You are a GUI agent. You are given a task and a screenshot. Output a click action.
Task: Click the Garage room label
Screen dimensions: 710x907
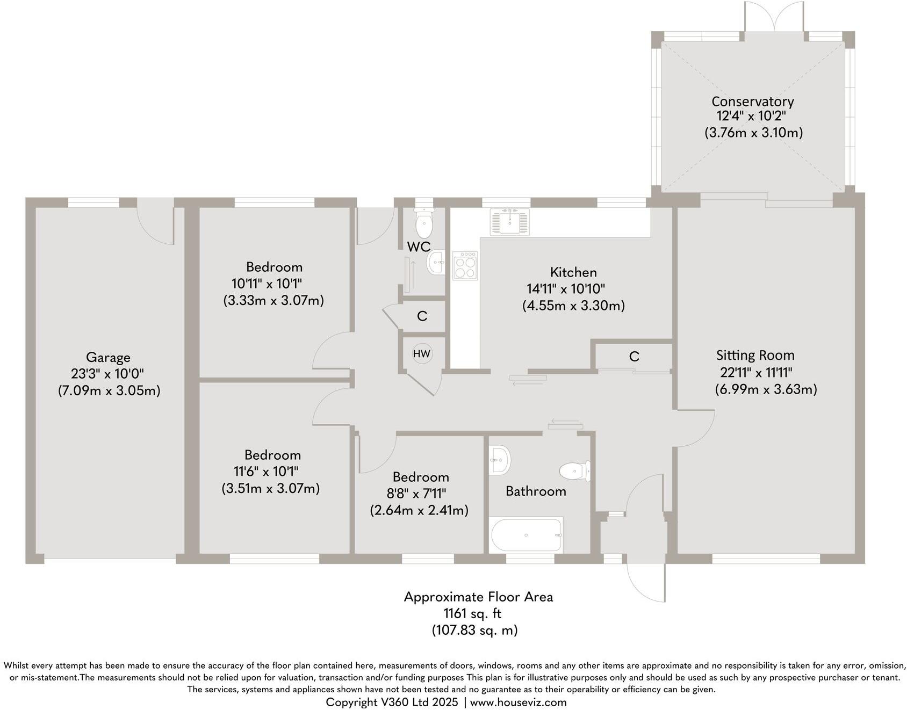[x=108, y=357]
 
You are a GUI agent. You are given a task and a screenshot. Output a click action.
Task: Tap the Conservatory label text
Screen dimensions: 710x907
[x=752, y=101]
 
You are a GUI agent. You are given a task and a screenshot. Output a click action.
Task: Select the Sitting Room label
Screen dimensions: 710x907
[x=755, y=355]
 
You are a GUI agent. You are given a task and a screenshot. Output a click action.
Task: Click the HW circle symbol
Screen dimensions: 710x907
[x=422, y=353]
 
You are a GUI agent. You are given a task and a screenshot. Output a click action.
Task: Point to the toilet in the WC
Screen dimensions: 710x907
[x=424, y=224]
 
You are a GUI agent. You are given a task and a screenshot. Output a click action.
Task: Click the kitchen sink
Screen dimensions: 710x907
[x=509, y=222]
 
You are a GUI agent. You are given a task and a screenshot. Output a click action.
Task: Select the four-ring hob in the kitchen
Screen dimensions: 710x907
[x=465, y=265]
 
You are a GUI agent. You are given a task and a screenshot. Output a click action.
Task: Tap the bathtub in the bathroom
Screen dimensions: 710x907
[x=527, y=535]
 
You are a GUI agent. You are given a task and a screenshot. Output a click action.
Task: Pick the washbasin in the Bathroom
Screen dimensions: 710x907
[x=500, y=460]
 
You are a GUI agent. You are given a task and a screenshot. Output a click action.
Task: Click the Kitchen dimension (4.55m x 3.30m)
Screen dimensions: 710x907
[x=573, y=306]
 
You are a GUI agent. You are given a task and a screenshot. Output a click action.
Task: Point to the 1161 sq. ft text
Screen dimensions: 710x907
[x=472, y=613]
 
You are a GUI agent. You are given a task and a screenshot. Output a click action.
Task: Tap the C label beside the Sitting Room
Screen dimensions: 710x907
[x=634, y=357]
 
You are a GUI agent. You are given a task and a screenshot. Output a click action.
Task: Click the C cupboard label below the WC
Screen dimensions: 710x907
[x=422, y=316]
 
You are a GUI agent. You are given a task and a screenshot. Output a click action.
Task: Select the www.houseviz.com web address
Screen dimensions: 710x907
[x=518, y=702]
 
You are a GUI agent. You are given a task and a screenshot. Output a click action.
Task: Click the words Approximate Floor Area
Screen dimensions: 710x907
[x=478, y=597]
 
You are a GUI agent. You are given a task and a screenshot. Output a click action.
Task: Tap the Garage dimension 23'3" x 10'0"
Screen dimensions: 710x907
[x=107, y=374]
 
